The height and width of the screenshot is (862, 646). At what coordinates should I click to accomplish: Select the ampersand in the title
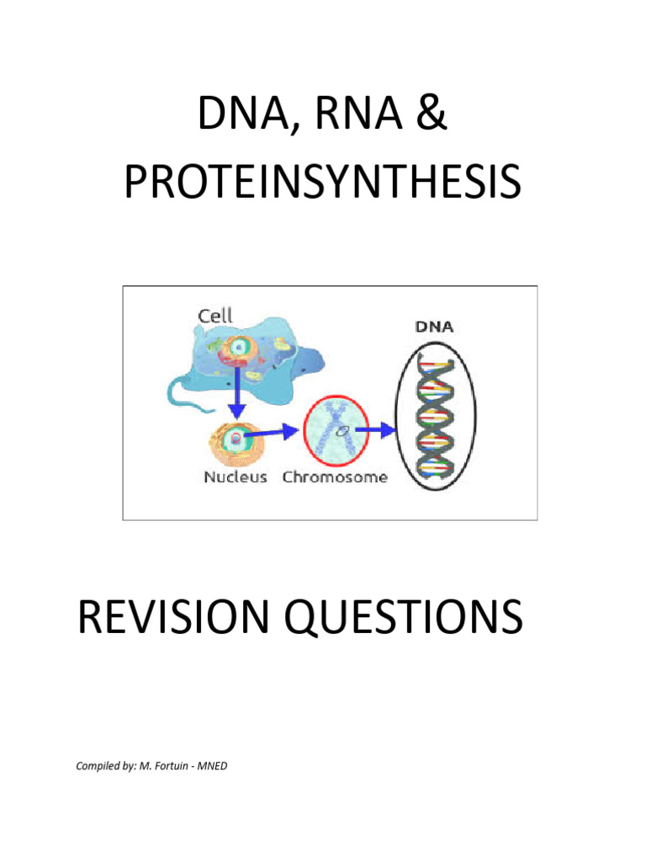432,116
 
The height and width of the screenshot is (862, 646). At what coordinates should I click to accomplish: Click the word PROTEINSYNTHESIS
322,183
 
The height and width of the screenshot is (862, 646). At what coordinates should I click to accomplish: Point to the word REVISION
179,619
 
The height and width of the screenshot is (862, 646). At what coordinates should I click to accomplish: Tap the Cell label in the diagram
215,317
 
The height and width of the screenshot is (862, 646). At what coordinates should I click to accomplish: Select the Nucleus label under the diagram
235,477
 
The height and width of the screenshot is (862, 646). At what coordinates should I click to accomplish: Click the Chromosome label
335,477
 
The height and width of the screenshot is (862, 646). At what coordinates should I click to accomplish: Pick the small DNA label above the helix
435,326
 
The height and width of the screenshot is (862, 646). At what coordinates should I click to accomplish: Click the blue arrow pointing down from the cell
238,391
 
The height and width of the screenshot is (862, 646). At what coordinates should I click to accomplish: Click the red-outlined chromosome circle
336,430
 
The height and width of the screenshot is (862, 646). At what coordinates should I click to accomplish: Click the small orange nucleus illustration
235,441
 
